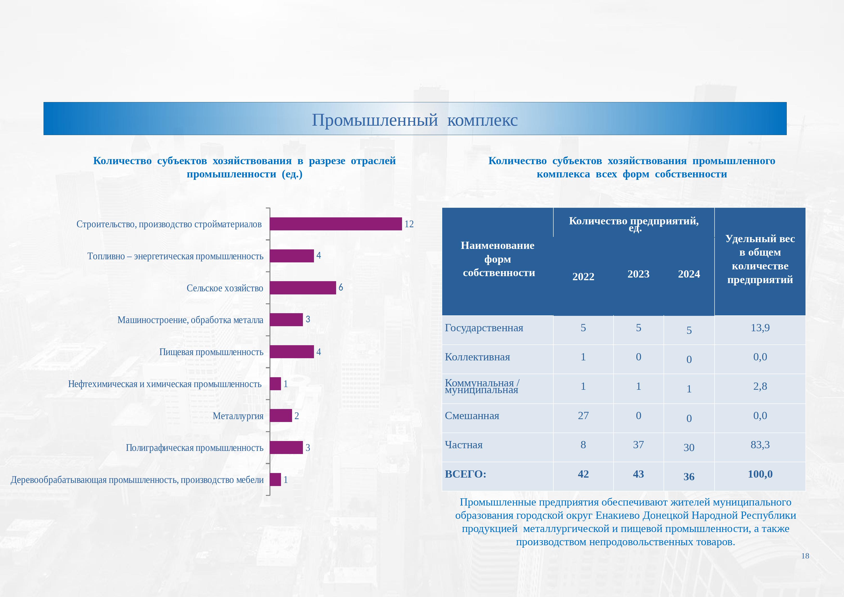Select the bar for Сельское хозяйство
(303, 288)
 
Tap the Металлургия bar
(281, 416)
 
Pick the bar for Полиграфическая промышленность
(286, 448)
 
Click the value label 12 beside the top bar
(409, 224)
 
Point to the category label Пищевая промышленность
(211, 352)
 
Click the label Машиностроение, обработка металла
(190, 320)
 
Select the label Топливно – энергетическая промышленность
(175, 256)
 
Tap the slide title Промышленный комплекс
(415, 120)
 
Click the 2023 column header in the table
(639, 274)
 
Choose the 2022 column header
(583, 277)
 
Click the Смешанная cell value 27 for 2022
(583, 416)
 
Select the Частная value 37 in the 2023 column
(639, 445)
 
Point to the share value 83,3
(760, 445)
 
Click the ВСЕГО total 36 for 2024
(689, 477)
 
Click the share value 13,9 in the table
(760, 328)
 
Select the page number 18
(805, 556)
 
